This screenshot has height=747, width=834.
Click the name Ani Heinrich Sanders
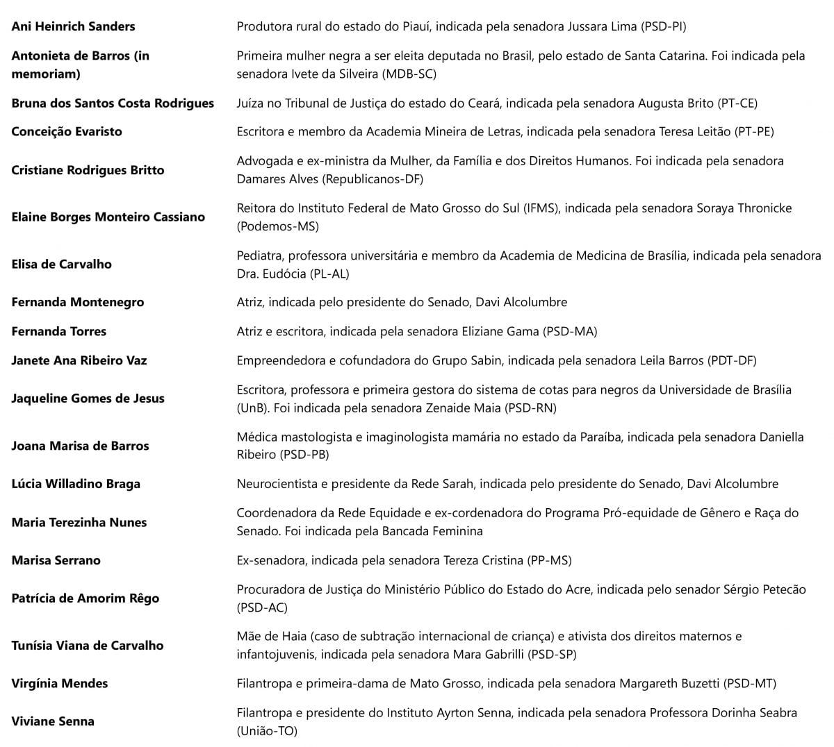coord(73,26)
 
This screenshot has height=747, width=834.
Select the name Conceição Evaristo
coord(67,131)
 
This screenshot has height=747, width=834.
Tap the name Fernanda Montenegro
coord(78,302)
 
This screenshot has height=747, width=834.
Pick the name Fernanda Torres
coord(59,331)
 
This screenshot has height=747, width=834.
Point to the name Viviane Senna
coord(53,721)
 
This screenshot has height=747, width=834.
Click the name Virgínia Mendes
coord(60,683)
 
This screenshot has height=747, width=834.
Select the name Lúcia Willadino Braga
coord(76,484)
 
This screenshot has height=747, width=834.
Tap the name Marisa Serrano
coord(56,560)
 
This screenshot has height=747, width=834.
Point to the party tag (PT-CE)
coord(737,103)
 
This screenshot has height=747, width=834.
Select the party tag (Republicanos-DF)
coord(375,179)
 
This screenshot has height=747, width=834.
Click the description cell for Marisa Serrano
coord(404,560)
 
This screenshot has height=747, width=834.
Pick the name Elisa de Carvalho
coord(61,264)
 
